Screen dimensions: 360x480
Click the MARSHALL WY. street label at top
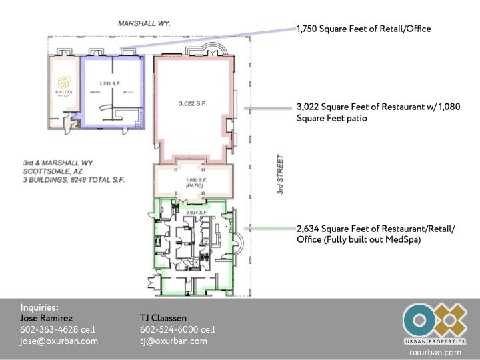tap(145, 23)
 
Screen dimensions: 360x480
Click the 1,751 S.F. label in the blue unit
tap(108, 83)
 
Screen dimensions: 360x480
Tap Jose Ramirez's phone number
tap(59, 329)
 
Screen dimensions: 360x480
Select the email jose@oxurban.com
tap(59, 341)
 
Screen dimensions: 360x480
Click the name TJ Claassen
tap(163, 318)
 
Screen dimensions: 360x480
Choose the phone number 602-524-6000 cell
tap(177, 329)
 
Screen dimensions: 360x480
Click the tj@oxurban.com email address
tap(173, 341)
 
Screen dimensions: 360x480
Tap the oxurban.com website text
tap(435, 352)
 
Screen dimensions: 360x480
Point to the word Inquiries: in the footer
tap(39, 307)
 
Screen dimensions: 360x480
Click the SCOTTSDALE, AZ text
tap(48, 171)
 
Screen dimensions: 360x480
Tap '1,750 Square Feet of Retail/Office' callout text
tap(363, 29)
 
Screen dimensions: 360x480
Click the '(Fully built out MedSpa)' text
tap(359, 239)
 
